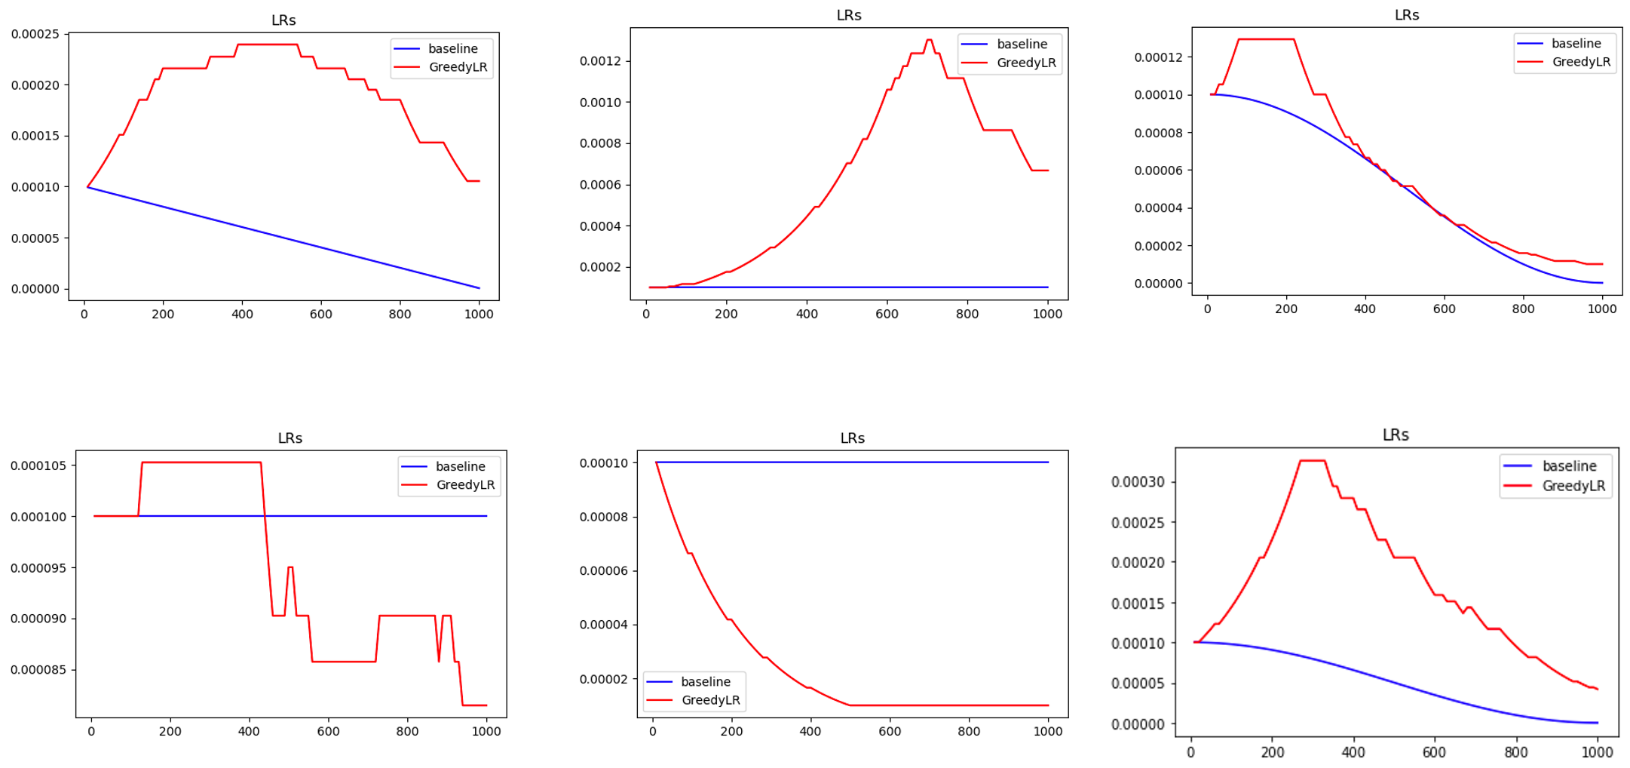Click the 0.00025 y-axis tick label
coord(35,34)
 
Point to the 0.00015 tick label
coord(35,136)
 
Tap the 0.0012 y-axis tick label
coord(600,61)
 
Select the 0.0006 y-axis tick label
coord(600,185)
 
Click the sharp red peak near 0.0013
coord(929,40)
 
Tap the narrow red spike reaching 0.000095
coord(290,567)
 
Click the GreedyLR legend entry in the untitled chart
coord(1573,486)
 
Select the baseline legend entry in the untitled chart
coord(1569,466)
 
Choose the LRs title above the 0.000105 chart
coord(290,438)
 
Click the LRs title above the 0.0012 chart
coord(849,15)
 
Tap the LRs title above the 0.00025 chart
coord(283,20)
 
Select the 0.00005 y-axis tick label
coord(35,238)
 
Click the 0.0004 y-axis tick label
coord(600,226)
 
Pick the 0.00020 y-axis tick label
coord(35,85)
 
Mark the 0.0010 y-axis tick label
coord(600,103)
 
